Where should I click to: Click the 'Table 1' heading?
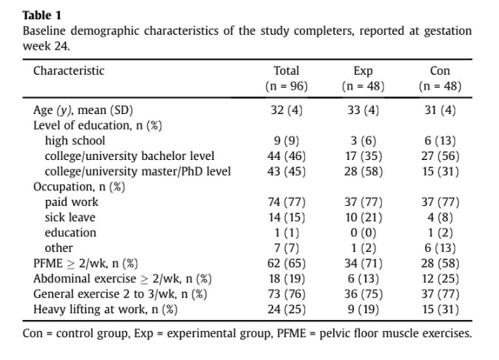41,16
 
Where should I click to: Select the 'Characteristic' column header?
69,70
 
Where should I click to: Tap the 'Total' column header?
287,70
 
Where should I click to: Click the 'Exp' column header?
363,71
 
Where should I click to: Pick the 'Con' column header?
440,70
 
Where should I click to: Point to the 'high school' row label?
75,141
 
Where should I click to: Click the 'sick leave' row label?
70,217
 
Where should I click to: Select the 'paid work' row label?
72,202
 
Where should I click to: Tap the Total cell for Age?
287,110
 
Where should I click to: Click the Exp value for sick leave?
363,217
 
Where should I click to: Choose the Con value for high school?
440,141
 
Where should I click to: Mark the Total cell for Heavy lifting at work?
287,310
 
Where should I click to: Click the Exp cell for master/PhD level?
363,172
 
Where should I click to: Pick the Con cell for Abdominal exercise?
440,279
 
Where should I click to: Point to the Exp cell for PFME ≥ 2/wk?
363,264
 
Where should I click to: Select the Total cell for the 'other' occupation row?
287,248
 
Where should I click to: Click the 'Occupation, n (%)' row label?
79,187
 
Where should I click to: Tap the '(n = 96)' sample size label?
287,86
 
